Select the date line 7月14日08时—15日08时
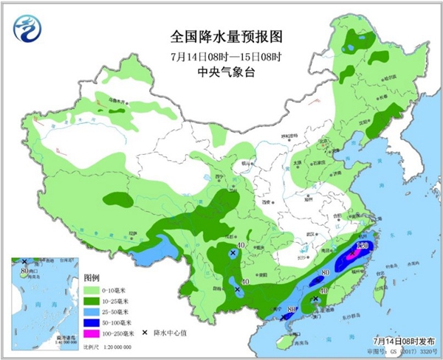point(227,55)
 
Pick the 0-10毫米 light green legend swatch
point(92,291)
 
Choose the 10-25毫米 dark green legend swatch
point(92,301)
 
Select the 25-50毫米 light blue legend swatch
point(92,312)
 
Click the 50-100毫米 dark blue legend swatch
point(92,322)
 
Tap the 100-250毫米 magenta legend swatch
point(92,333)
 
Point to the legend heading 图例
point(92,279)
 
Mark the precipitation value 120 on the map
point(363,244)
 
